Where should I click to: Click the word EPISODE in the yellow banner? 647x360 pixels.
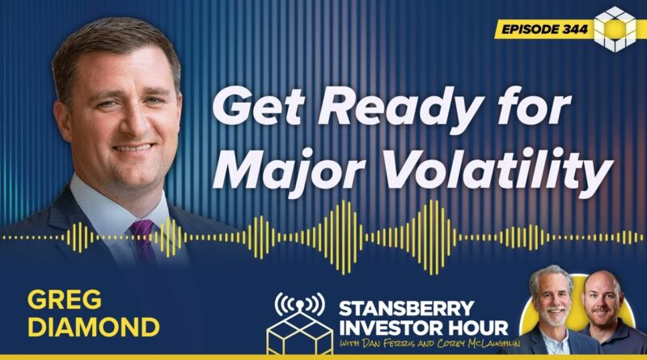pos(530,29)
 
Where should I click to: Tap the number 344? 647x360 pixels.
pos(575,29)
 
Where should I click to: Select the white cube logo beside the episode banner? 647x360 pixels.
pos(615,29)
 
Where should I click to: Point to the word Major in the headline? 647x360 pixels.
pos(289,170)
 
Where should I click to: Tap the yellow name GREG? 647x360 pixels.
pos(65,299)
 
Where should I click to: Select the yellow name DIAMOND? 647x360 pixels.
pos(94,327)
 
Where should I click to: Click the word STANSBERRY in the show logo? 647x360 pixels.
pos(407,308)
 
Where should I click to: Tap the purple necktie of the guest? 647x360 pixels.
pos(143,244)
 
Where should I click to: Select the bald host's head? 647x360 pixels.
pos(603,295)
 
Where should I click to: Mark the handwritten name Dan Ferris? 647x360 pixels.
pos(387,344)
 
